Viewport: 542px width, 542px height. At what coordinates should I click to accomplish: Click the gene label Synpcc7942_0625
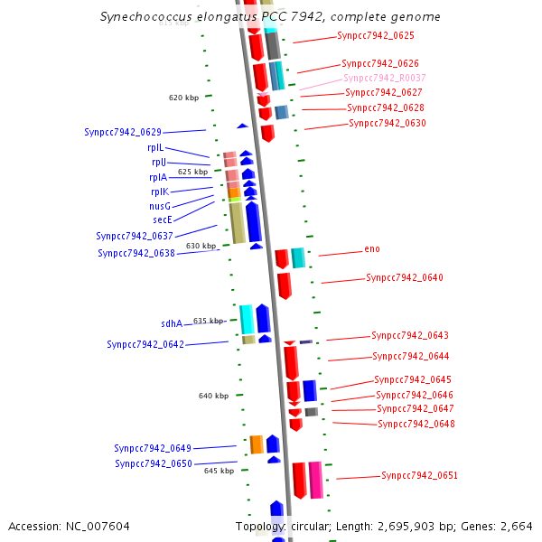click(x=375, y=36)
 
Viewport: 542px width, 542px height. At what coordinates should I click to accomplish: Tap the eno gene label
click(x=372, y=249)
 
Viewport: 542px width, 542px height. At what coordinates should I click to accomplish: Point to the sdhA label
click(x=172, y=323)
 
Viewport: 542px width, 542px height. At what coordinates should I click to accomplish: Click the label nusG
click(x=160, y=206)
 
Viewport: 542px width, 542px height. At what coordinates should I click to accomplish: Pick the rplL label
click(x=155, y=147)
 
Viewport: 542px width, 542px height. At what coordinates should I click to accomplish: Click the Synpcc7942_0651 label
click(x=419, y=475)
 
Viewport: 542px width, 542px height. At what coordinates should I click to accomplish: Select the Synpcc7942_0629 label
click(x=123, y=132)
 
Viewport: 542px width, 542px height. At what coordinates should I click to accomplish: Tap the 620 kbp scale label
click(x=183, y=98)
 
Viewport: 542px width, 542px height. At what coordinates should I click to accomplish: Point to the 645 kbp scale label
click(x=219, y=471)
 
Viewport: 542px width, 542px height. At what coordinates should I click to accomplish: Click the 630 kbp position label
click(x=201, y=246)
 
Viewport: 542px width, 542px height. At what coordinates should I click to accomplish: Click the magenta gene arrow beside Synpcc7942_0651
click(x=315, y=479)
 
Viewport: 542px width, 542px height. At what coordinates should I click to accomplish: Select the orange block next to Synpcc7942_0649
click(x=257, y=444)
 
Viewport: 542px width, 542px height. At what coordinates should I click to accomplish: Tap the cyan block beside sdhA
click(x=246, y=319)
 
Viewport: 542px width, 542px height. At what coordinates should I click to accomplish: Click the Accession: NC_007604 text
click(x=69, y=526)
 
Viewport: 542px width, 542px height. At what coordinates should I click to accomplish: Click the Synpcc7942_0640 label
click(x=404, y=278)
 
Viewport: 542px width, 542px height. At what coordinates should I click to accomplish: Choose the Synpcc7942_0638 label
click(x=136, y=254)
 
